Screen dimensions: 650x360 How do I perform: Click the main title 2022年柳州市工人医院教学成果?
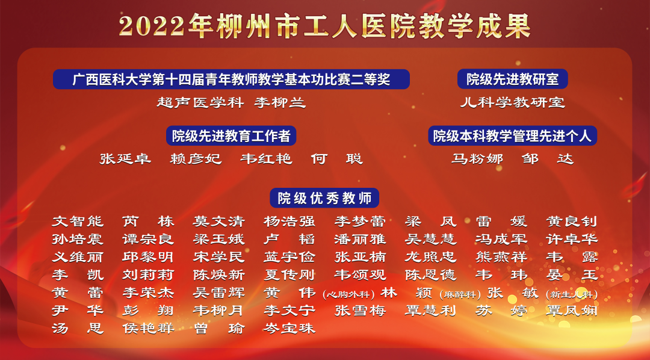tap(324, 25)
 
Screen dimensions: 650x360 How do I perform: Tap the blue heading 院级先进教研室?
tap(512, 79)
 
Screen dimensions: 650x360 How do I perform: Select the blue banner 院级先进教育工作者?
tap(231, 135)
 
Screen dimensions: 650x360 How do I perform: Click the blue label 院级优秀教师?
tap(324, 198)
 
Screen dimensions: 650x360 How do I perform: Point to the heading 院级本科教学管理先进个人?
tap(512, 135)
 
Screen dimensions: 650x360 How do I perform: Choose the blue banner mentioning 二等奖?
tap(231, 79)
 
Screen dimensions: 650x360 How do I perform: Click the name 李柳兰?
tap(280, 102)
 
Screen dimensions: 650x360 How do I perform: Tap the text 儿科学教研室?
tap(512, 102)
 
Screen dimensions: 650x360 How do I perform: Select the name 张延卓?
tap(125, 159)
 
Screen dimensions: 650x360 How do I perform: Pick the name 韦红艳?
tap(266, 159)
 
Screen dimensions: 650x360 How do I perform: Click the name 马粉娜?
tap(477, 159)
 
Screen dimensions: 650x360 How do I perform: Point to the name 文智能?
tap(78, 222)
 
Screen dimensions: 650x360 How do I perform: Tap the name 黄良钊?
tap(572, 222)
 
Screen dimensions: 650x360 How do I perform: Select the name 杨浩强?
tap(289, 222)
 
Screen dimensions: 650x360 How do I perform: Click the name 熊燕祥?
tap(501, 257)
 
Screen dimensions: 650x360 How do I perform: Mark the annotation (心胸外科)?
tap(348, 294)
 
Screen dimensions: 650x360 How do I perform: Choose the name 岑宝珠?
tap(289, 329)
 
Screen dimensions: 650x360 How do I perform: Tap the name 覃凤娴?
tap(572, 311)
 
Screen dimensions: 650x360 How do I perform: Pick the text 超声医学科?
tap(200, 102)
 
